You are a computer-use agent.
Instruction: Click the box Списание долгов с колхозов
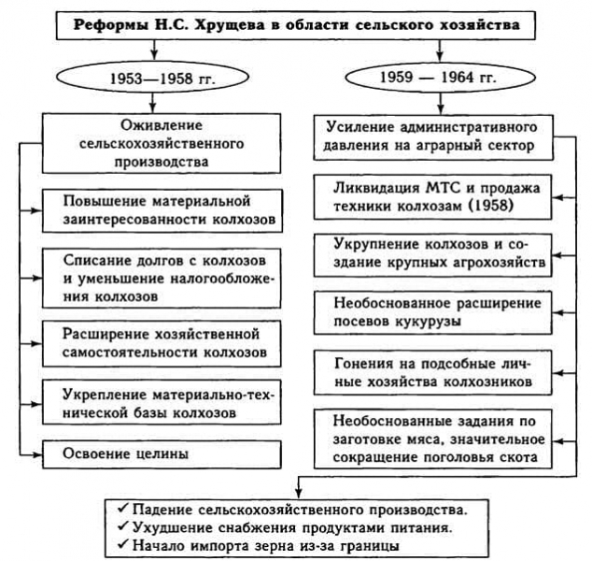[163, 275]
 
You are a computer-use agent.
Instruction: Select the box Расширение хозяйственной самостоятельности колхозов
[163, 343]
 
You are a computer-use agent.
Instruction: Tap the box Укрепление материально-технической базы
[163, 402]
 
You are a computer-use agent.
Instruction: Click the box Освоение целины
[163, 454]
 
